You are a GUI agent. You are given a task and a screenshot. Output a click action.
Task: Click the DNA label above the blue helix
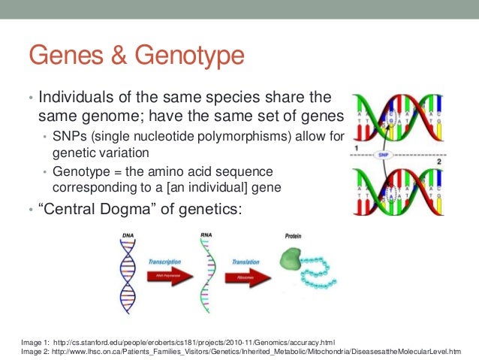[129, 236]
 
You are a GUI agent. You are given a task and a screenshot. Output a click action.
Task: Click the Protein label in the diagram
[293, 235]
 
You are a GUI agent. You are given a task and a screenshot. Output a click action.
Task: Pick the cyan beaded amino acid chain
[315, 277]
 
